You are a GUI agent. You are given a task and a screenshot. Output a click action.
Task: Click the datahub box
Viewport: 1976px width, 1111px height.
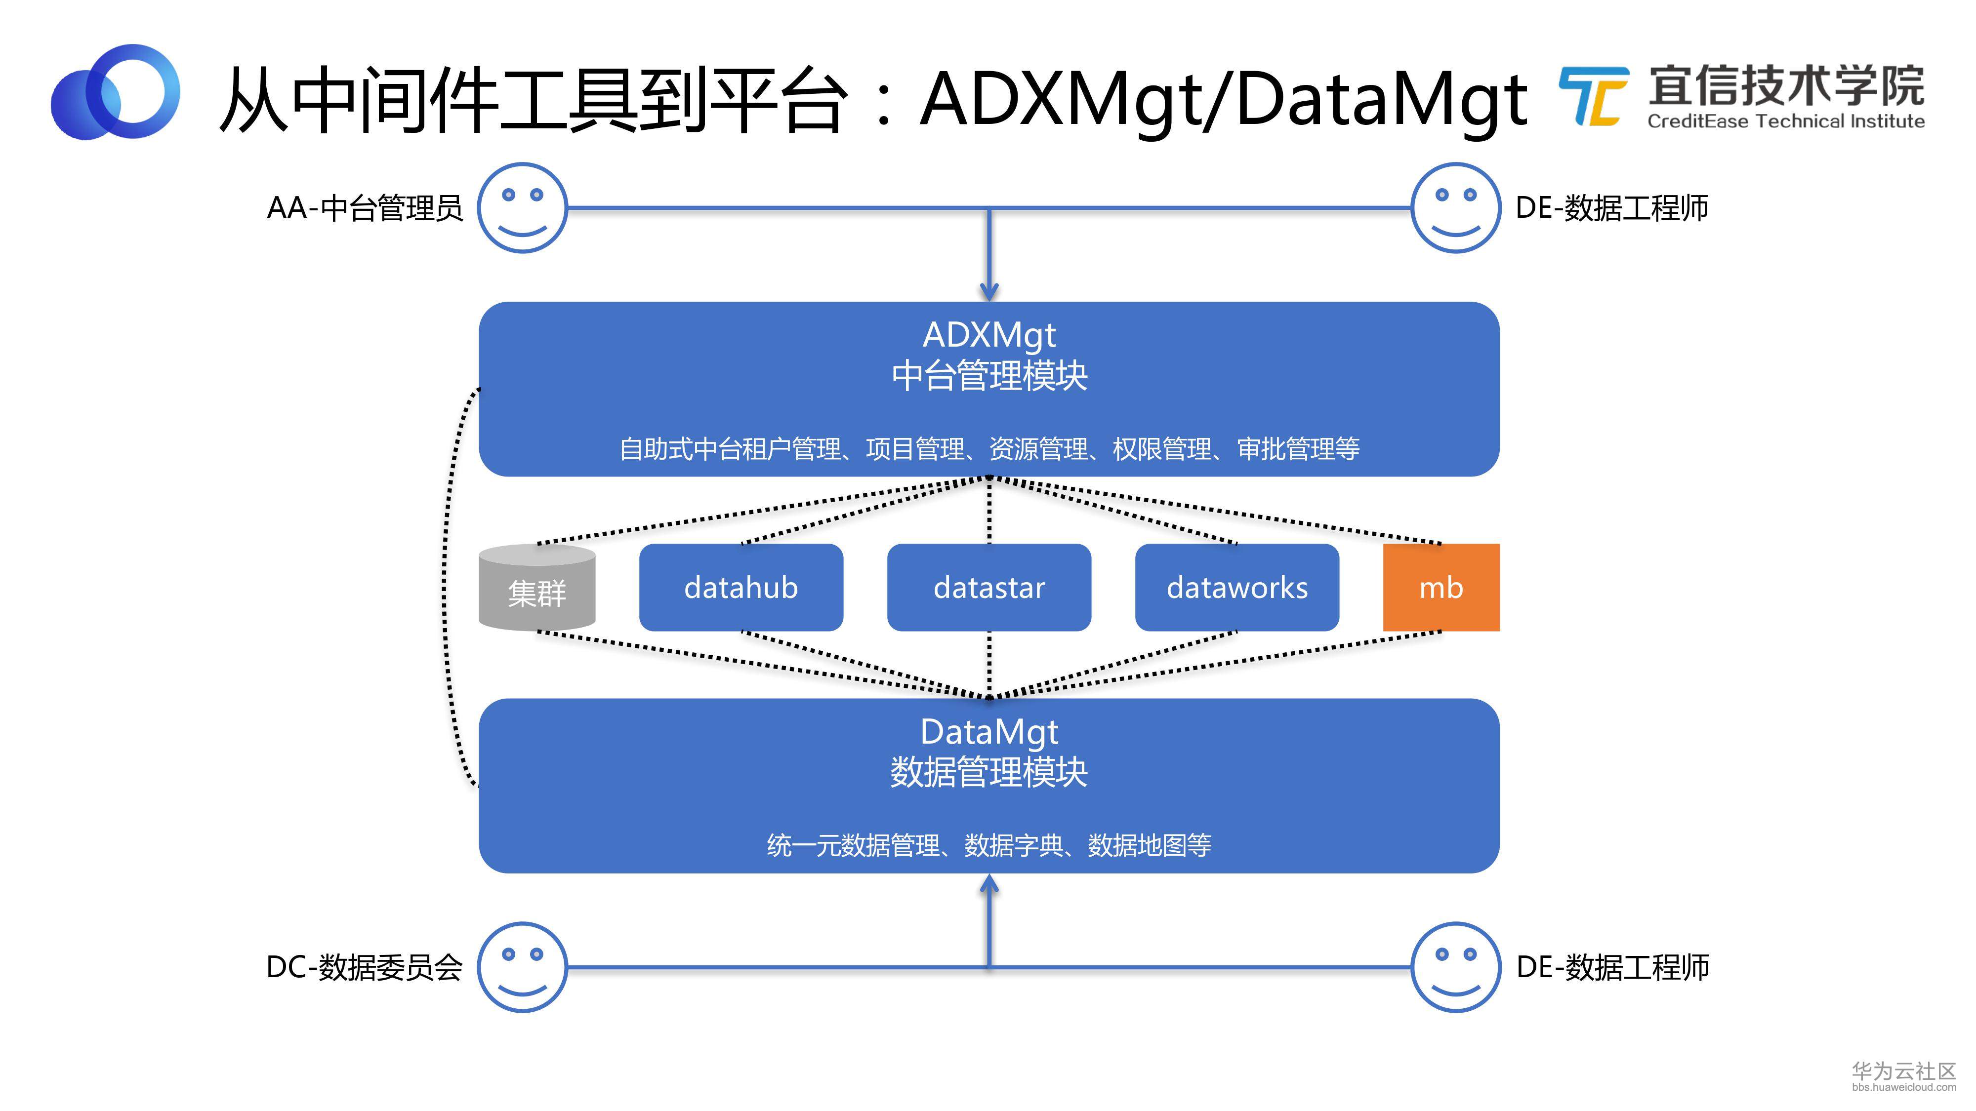coord(741,587)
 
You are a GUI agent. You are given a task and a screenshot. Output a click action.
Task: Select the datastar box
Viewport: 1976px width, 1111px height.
coord(989,587)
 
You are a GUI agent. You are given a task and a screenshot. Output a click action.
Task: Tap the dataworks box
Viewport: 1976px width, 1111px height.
coord(1236,587)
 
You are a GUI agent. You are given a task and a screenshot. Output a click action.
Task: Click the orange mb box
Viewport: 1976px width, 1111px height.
coord(1441,587)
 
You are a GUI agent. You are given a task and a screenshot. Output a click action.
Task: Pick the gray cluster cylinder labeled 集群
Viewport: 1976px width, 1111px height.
coord(537,587)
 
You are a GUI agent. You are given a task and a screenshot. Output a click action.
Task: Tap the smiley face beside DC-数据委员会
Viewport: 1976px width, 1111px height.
coord(522,967)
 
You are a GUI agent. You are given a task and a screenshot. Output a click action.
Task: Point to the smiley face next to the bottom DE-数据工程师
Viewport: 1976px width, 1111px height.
coord(1455,967)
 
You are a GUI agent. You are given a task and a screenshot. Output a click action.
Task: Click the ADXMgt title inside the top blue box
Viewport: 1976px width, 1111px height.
coord(989,336)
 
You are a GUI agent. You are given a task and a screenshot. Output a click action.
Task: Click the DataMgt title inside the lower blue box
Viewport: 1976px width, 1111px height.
coord(989,733)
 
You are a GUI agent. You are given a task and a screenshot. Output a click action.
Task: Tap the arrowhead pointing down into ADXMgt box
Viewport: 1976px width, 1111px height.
coord(989,291)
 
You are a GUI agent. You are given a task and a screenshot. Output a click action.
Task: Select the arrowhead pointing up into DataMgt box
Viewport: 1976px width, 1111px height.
coord(989,885)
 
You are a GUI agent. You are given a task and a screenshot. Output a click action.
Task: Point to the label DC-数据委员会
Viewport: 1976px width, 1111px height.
coord(365,967)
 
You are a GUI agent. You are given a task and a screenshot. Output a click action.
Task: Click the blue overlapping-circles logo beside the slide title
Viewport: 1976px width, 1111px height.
coord(115,92)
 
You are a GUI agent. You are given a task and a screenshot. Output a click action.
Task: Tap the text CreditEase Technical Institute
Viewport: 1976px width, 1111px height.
coord(1786,121)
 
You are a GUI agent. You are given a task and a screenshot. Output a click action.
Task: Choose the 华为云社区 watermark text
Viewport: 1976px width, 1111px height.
coord(1904,1071)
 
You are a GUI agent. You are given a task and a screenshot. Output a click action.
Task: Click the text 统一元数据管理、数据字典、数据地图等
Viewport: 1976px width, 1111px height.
coord(989,845)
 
